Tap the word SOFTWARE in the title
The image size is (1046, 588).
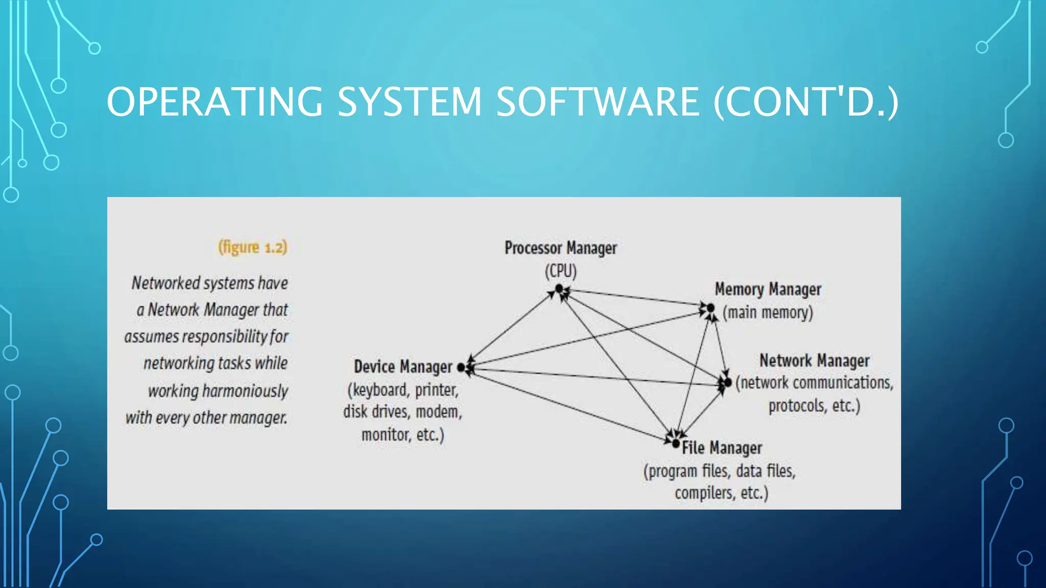597,102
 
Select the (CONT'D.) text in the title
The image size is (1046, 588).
805,102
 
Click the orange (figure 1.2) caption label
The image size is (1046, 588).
252,247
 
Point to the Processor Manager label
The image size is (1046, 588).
560,248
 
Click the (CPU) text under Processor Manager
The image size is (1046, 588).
560,271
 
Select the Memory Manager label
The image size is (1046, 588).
768,289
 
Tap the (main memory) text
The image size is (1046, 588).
768,312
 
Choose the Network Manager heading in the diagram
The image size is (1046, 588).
814,360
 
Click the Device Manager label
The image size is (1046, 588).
403,366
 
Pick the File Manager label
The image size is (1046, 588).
722,448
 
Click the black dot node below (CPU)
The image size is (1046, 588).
559,289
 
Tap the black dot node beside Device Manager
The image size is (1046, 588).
461,367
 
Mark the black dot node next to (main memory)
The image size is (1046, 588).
710,308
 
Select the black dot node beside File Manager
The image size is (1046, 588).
676,444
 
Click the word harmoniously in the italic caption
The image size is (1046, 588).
245,391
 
